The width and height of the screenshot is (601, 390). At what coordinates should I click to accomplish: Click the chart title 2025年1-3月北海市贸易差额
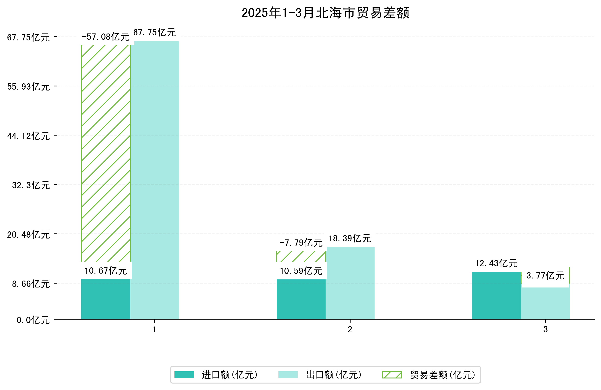[325, 13]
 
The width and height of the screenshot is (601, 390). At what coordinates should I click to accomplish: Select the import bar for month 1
[106, 299]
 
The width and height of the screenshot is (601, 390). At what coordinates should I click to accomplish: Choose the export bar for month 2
[350, 283]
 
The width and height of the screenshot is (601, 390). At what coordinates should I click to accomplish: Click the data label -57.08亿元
[106, 37]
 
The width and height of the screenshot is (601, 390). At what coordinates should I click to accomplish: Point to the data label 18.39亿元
[350, 238]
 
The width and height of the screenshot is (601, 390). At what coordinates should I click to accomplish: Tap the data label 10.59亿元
[301, 271]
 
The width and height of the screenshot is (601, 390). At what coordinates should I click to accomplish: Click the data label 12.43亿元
[496, 263]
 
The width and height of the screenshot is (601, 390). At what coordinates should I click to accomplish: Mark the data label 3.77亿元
[545, 276]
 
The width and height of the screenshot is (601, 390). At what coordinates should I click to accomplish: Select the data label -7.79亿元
[301, 243]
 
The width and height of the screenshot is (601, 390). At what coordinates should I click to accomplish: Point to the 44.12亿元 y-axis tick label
[28, 136]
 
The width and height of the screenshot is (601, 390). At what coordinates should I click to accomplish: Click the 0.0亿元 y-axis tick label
[33, 320]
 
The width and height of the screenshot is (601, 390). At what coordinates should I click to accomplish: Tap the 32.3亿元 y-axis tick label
[31, 185]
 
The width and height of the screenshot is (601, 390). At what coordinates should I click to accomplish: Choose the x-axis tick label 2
[350, 330]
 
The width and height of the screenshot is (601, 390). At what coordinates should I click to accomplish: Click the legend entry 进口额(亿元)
[229, 375]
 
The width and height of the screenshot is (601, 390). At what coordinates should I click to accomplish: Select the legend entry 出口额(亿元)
[334, 375]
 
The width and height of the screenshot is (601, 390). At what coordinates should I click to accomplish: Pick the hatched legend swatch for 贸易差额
[392, 375]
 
